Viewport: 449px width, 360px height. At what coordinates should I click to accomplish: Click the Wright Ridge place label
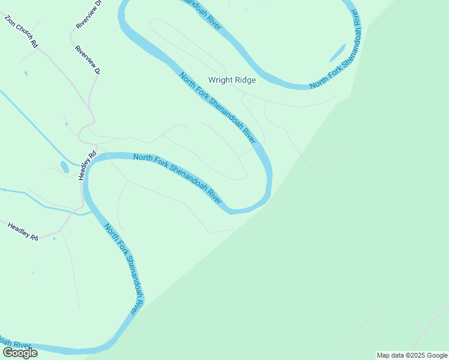pyautogui.click(x=232, y=80)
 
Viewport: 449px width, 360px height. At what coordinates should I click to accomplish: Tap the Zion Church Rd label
pyautogui.click(x=22, y=32)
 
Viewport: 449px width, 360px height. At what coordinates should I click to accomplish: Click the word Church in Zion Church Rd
pyautogui.click(x=23, y=33)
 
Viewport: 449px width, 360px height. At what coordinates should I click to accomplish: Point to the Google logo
pyautogui.click(x=20, y=352)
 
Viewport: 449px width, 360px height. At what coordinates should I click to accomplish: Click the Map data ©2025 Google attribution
pyautogui.click(x=412, y=355)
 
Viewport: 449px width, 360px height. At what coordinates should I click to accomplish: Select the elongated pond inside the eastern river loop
pyautogui.click(x=337, y=53)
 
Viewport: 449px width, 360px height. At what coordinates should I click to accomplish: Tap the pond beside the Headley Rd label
pyautogui.click(x=64, y=166)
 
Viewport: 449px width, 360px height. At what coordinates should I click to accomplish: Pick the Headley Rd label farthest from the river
pyautogui.click(x=23, y=230)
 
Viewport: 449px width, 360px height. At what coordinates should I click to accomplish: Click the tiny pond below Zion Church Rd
pyautogui.click(x=25, y=73)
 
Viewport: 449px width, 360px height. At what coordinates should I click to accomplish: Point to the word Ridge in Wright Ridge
pyautogui.click(x=245, y=80)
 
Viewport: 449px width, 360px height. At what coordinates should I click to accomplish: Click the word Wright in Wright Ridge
pyautogui.click(x=220, y=80)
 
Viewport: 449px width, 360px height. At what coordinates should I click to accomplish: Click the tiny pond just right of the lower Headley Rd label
pyautogui.click(x=54, y=239)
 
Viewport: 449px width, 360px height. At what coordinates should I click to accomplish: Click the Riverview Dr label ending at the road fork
pyautogui.click(x=87, y=59)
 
